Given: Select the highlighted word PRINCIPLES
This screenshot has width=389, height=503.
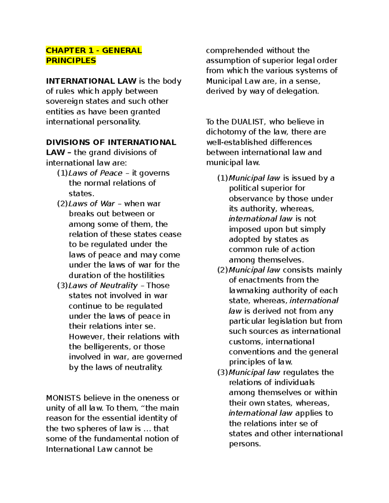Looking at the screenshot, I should point(71,61).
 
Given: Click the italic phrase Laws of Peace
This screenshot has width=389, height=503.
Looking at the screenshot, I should point(95,173).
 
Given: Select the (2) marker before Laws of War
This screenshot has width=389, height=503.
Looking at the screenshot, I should point(62,204).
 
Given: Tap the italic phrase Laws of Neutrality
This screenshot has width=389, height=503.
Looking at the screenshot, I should point(103,285).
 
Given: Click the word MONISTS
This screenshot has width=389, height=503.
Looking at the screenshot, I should point(64,398).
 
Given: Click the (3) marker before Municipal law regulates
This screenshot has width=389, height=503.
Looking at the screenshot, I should point(222,372).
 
